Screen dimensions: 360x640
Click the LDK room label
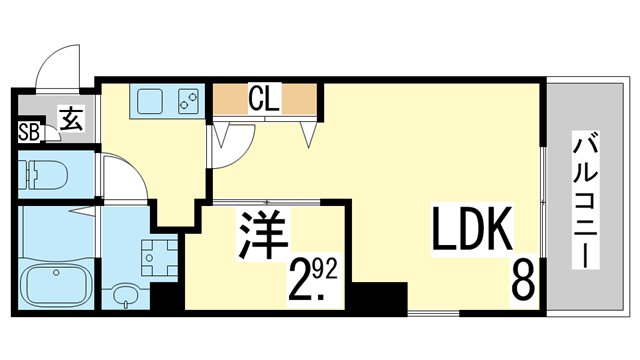click(473, 231)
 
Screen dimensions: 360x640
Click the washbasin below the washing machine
click(124, 296)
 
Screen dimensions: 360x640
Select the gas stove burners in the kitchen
click(187, 102)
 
